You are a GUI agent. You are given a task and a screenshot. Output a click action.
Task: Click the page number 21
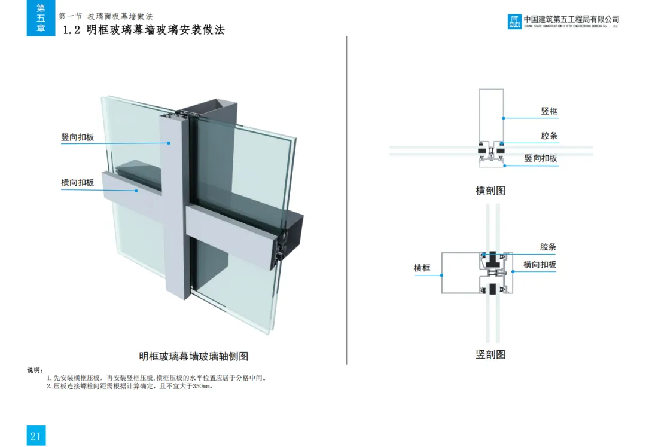(x=35, y=436)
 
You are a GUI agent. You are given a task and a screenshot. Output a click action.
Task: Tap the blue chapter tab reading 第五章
(x=41, y=18)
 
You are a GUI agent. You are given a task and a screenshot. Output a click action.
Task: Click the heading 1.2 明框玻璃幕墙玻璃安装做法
(x=144, y=30)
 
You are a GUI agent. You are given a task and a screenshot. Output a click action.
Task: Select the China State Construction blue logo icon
(x=514, y=22)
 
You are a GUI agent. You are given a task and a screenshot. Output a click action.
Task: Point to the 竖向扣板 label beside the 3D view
(x=77, y=137)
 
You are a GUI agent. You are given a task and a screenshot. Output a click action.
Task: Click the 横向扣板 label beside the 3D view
(x=77, y=182)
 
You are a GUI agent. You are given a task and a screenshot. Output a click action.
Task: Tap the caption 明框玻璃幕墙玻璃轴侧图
(x=193, y=356)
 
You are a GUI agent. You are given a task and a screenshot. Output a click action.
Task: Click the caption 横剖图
(x=490, y=191)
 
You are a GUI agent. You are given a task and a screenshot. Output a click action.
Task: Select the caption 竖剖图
(x=490, y=354)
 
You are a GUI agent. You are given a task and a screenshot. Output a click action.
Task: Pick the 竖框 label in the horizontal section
(x=549, y=111)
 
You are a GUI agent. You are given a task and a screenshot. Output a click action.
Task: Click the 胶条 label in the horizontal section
(x=549, y=136)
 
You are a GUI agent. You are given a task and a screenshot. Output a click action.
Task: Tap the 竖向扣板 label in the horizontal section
(x=541, y=158)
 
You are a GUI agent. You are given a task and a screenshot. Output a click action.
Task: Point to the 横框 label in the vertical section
(x=422, y=268)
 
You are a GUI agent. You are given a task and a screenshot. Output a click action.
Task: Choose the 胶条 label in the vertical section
(x=548, y=247)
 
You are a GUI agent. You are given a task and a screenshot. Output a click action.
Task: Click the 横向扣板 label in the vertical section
(x=540, y=265)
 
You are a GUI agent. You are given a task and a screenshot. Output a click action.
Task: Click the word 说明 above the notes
(x=35, y=371)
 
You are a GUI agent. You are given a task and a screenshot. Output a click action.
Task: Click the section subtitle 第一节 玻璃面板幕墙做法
(x=105, y=16)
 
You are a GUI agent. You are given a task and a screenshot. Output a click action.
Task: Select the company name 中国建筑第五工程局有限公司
(x=571, y=19)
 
